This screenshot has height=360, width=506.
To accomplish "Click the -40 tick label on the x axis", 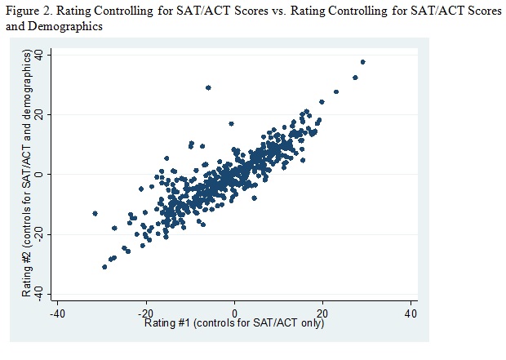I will pyautogui.click(x=57, y=313).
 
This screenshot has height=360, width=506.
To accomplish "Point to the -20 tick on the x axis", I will pyautogui.click(x=145, y=313).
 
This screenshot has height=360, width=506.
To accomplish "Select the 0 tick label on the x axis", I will pyautogui.click(x=235, y=313).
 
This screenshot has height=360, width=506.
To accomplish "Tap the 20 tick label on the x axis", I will pyautogui.click(x=322, y=313).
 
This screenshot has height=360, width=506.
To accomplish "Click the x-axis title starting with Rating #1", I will pyautogui.click(x=234, y=324).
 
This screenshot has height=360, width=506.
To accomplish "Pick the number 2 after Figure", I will pyautogui.click(x=50, y=11).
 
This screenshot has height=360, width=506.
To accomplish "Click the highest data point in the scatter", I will pyautogui.click(x=362, y=62).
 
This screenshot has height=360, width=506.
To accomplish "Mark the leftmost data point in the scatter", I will pyautogui.click(x=95, y=213).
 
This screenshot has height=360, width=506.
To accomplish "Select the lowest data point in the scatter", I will pyautogui.click(x=104, y=267).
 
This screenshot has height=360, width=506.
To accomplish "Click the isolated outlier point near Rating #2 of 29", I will pyautogui.click(x=208, y=87).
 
